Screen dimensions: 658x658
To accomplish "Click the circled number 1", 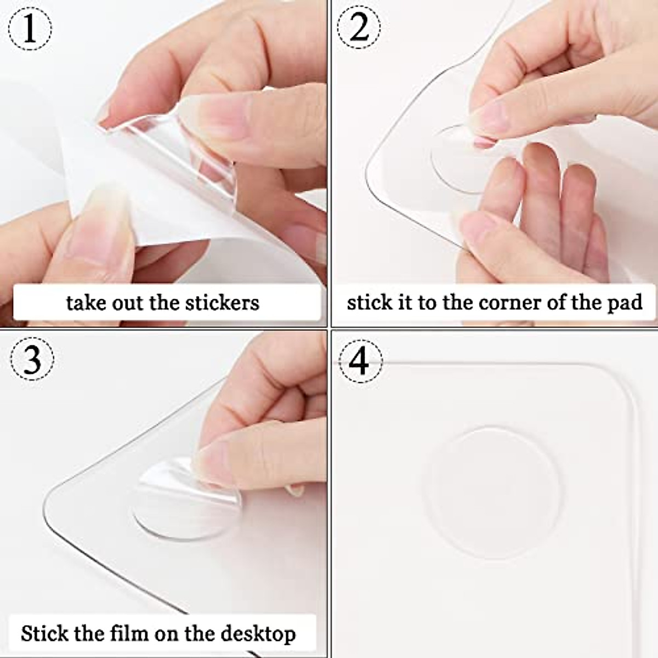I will click(x=31, y=29).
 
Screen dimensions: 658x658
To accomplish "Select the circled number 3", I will click(x=32, y=360).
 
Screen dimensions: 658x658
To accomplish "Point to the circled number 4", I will click(x=360, y=362).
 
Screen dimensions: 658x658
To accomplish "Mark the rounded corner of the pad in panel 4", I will click(x=620, y=378).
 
